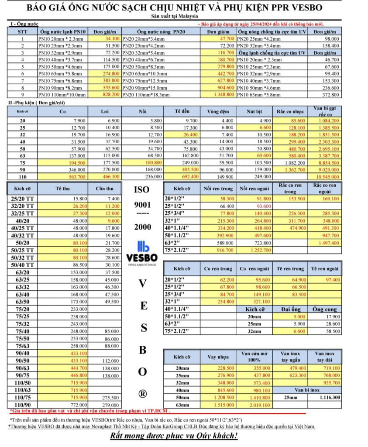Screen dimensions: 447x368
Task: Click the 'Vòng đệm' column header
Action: (x=220, y=111)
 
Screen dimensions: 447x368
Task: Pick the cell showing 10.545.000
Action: (x=328, y=176)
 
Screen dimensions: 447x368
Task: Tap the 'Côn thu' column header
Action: (x=104, y=189)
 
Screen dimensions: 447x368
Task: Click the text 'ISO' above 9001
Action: (x=143, y=189)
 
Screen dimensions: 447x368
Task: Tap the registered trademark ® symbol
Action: (x=143, y=393)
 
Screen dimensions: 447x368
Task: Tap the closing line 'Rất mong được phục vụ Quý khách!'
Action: (x=173, y=436)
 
